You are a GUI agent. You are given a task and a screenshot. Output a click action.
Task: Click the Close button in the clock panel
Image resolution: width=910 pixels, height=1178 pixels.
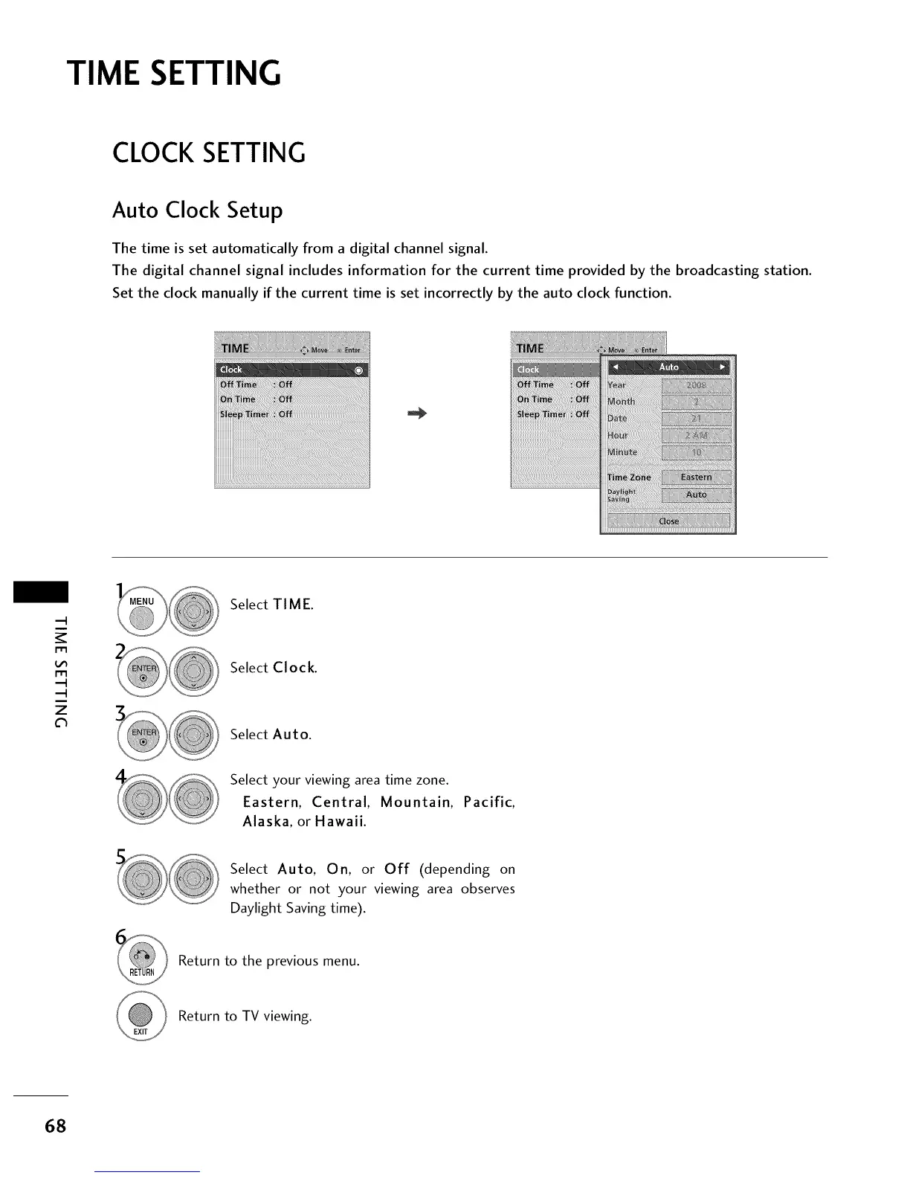tap(668, 521)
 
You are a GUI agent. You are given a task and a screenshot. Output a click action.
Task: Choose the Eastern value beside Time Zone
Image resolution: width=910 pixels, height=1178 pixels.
tap(696, 477)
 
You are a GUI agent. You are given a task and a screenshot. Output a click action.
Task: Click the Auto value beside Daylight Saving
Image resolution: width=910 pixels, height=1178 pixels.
tap(696, 495)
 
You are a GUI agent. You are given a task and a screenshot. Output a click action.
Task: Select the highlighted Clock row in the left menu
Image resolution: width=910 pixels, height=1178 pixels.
tap(291, 370)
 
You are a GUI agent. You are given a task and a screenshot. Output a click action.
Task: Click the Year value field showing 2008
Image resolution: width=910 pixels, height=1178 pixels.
tap(696, 385)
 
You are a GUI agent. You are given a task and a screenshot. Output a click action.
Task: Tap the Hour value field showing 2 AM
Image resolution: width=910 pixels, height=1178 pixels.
tap(696, 436)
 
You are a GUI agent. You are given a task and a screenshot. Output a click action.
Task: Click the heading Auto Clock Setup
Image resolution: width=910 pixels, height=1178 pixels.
tap(197, 210)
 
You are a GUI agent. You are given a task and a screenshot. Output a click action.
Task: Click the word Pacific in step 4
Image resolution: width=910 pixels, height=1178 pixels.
tap(488, 802)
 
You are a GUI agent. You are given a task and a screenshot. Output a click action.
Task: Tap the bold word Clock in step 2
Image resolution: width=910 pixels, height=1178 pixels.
tap(294, 668)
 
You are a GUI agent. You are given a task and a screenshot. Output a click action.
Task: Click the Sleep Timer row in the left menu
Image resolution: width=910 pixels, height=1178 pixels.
tap(256, 414)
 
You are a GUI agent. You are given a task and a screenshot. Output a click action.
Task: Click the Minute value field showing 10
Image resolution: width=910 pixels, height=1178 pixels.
tap(696, 453)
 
